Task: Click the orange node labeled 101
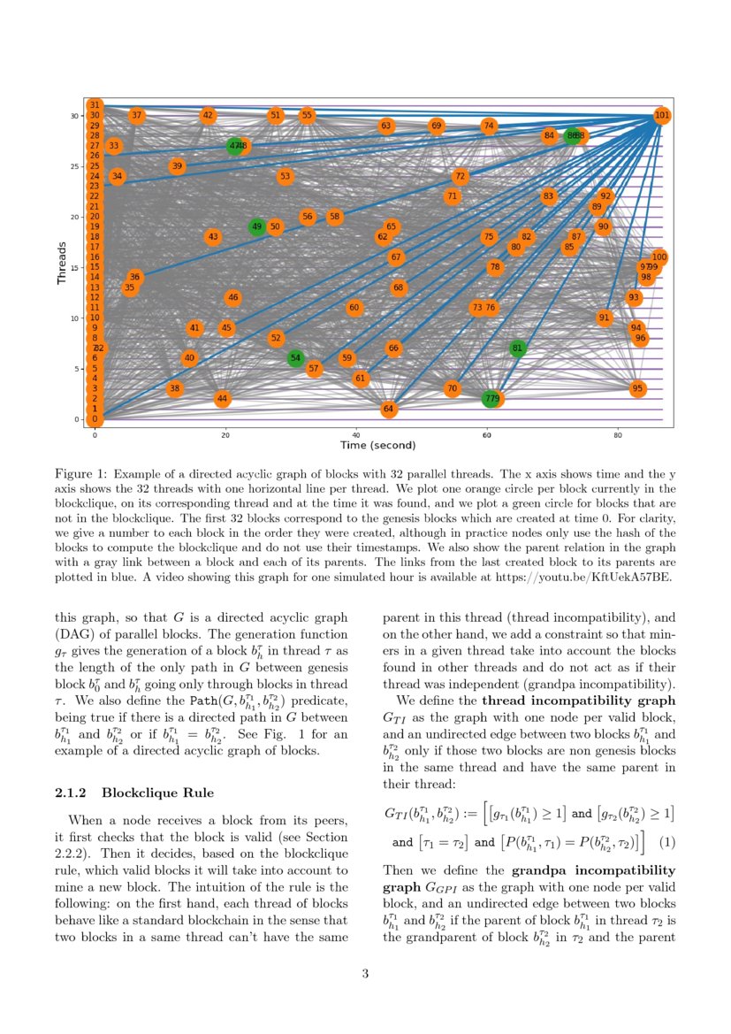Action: (662, 116)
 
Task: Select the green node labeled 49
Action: (257, 227)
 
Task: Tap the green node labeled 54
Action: (296, 357)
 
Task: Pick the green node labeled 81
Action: (518, 348)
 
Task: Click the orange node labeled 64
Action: (388, 410)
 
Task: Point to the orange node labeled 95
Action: (637, 388)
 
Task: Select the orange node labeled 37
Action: (136, 116)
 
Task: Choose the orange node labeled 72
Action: (460, 177)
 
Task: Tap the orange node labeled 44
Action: (222, 399)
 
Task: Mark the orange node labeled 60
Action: (354, 308)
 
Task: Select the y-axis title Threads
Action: (62, 264)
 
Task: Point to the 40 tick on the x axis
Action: (356, 434)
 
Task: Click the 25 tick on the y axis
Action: (77, 166)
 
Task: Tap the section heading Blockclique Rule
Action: (157, 793)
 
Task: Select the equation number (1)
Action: (667, 842)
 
